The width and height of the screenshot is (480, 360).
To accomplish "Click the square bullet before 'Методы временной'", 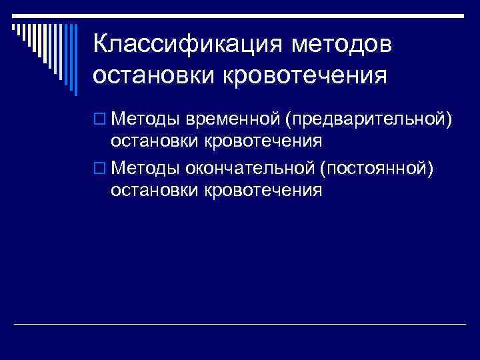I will tap(100, 119).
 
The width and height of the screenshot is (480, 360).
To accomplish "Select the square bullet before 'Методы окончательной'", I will tap(100, 169).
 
